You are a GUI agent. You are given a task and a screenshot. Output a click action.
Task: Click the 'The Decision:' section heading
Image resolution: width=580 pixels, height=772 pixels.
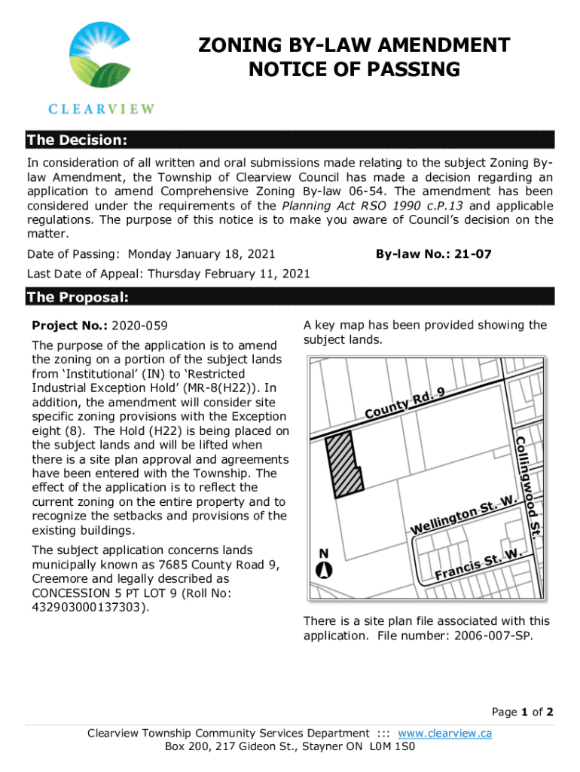[76, 141]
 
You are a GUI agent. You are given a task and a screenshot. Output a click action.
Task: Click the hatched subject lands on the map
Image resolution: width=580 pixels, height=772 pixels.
[343, 465]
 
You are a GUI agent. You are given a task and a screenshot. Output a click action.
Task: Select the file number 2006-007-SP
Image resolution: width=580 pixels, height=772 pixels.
[493, 636]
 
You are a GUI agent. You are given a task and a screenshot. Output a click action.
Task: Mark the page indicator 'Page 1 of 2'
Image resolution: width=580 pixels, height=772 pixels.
[523, 712]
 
